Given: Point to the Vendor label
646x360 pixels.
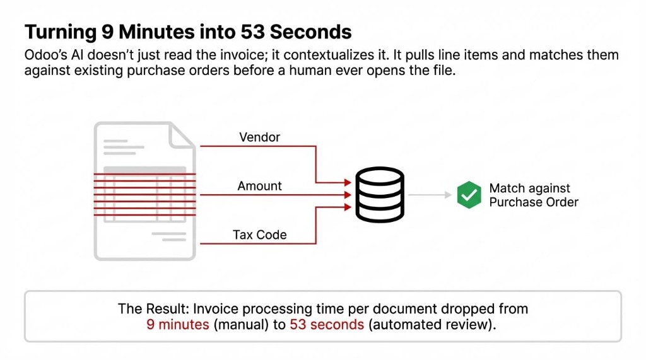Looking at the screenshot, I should click(259, 137).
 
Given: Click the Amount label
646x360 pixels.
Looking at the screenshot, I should click(259, 186).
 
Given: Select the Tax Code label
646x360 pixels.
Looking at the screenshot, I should click(259, 235).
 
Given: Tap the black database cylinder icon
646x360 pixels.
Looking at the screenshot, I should click(379, 195).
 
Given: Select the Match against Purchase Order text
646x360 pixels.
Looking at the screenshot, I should click(533, 195).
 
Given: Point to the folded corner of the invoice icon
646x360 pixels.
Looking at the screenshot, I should click(184, 135).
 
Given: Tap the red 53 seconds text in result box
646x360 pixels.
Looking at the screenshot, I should click(326, 325).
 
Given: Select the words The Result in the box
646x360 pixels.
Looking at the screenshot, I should click(153, 309).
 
